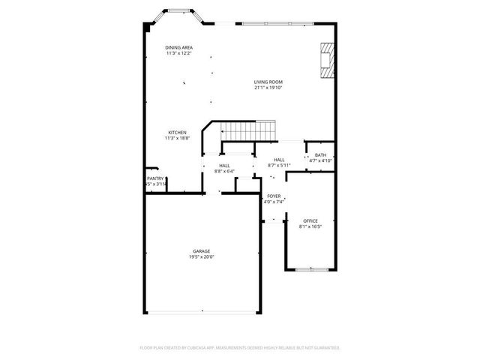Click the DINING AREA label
(178, 47)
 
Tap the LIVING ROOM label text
(268, 82)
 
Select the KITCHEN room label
(177, 133)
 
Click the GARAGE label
(201, 251)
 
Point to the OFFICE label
(310, 220)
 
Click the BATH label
(320, 155)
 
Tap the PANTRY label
(155, 178)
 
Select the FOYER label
(273, 196)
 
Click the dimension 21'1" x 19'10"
(268, 88)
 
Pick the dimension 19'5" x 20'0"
(201, 257)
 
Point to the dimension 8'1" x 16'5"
(310, 226)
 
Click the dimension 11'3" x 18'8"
(177, 139)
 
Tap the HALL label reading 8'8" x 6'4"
(224, 166)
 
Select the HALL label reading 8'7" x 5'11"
(279, 160)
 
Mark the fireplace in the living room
(327, 60)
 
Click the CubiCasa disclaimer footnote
(240, 348)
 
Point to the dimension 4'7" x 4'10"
(320, 161)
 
